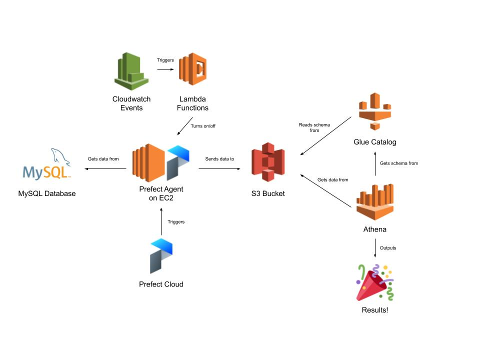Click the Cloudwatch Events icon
pos(131,70)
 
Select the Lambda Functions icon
pos(192,70)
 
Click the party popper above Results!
pos(375,282)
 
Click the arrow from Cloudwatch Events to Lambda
pos(164,69)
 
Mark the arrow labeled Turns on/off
pos(185,126)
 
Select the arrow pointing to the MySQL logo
pos(105,169)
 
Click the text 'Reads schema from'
pos(310,127)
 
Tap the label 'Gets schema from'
pos(398,163)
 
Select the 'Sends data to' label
pos(220,159)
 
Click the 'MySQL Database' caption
pos(47,193)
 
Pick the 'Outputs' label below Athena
pos(388,247)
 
